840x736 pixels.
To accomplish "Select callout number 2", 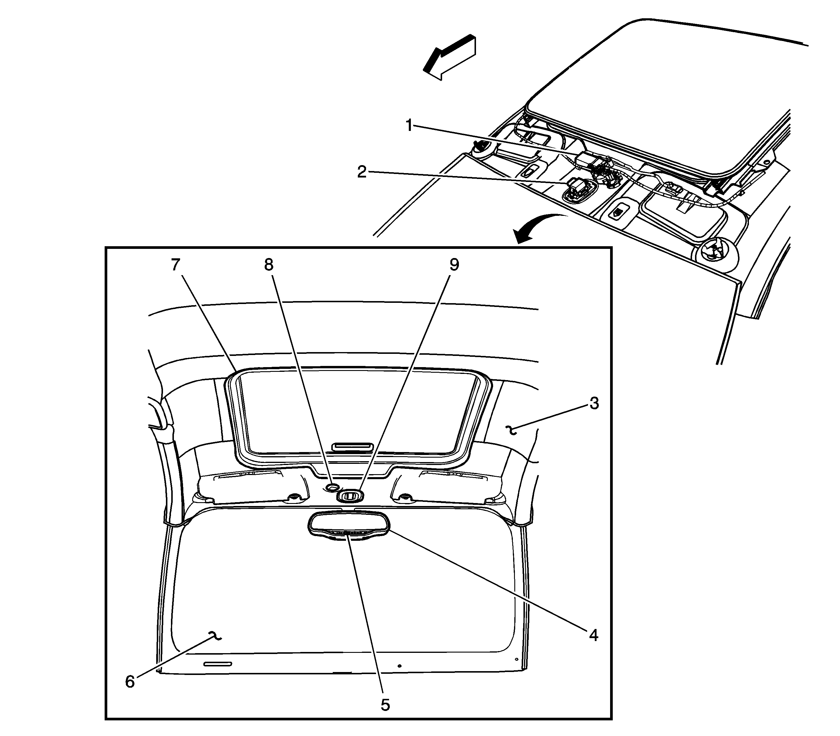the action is tap(362, 171).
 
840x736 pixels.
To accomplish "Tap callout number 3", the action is tap(594, 403).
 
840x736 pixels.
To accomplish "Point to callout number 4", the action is tap(593, 635).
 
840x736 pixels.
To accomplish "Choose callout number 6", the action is tap(130, 682).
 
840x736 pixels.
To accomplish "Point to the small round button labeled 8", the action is tap(332, 487).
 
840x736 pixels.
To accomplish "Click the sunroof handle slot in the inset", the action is tap(353, 446).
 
